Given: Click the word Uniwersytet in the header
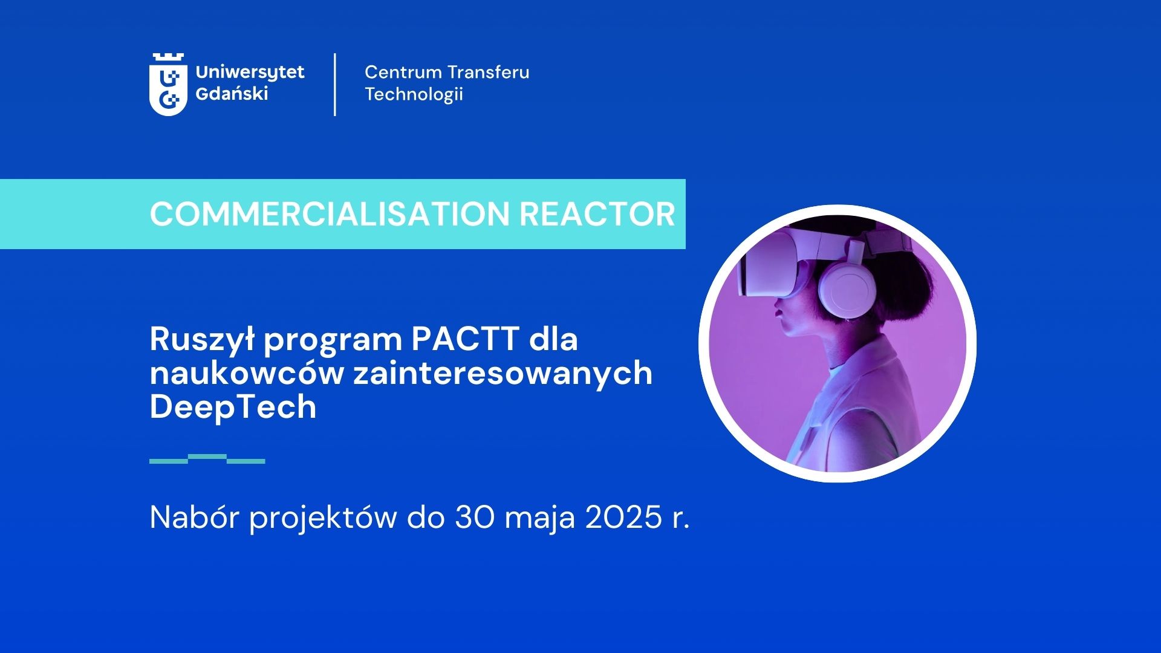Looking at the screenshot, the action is (250, 73).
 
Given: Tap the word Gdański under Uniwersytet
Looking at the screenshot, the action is (232, 94).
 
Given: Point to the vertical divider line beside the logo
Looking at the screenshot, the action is (335, 85).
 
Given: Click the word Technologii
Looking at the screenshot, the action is (414, 95).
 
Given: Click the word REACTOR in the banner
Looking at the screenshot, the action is (597, 214).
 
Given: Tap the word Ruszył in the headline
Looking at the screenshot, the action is (202, 340).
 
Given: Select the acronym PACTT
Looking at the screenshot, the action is (466, 339).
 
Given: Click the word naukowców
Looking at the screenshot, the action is (247, 373).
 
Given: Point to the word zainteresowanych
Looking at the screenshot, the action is (503, 373).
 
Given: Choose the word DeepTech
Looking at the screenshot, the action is (233, 407).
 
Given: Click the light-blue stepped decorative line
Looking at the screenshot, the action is (207, 459).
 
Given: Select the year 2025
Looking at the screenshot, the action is (623, 518).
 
